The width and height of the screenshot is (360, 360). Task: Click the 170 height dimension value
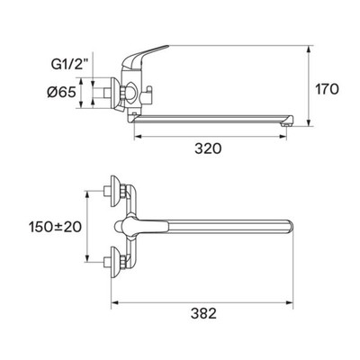[327, 89]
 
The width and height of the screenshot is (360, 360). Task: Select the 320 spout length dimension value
[208, 148]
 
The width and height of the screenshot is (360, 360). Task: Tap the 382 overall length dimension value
[203, 314]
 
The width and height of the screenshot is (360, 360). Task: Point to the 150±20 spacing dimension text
[55, 227]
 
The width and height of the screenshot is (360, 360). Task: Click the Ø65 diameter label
[61, 93]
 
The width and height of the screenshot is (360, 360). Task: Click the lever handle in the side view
[145, 56]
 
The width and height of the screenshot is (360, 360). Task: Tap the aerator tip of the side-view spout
[286, 122]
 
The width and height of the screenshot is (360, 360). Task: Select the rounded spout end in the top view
[289, 227]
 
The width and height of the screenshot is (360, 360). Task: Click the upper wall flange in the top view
[115, 191]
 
